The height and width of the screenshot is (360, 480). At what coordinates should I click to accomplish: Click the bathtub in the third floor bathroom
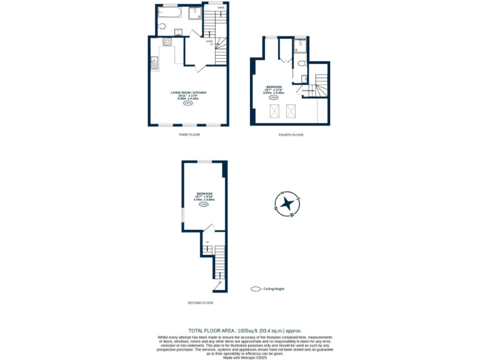170,12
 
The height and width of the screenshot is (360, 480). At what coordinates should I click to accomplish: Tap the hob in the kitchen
167,42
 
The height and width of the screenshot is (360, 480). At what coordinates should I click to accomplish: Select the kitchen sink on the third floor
154,62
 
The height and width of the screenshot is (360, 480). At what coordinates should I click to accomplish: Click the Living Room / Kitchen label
189,92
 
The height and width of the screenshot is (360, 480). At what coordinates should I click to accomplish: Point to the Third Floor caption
188,134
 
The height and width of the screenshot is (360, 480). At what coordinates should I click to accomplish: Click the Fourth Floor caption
291,134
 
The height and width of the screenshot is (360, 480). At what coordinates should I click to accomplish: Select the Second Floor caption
200,302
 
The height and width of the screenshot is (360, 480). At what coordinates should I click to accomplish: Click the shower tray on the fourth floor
300,44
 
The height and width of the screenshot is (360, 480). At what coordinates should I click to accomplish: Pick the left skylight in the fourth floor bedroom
273,111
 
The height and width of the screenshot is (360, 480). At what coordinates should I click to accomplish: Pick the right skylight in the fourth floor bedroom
291,111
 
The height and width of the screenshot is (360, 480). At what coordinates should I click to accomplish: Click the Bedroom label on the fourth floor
274,87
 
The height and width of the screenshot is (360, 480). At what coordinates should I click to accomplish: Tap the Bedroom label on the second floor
204,194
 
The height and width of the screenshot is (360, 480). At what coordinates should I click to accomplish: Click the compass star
287,203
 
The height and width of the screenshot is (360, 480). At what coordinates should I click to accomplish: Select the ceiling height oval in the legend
255,289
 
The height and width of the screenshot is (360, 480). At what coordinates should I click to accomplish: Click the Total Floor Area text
245,331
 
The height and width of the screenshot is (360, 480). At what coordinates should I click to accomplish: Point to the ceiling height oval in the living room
188,104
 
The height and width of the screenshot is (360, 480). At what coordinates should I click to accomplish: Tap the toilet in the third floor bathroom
162,26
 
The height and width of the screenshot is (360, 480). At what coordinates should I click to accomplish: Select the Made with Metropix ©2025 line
245,357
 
